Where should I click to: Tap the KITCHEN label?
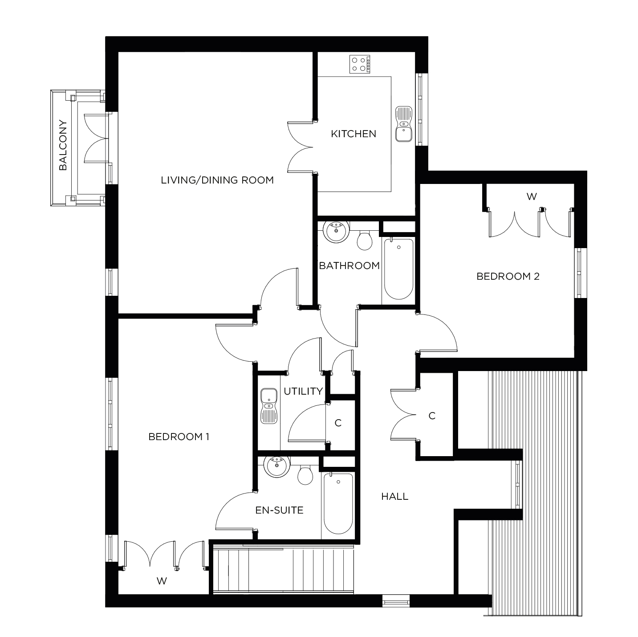(354, 134)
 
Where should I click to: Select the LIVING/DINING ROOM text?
(217, 180)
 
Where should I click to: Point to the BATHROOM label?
(349, 266)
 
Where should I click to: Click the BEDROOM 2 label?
(508, 276)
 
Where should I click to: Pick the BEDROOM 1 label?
(179, 437)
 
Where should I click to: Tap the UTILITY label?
(303, 391)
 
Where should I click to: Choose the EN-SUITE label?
(279, 510)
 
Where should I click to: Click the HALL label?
(395, 496)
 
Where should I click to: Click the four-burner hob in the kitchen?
(360, 64)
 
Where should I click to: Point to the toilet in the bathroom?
(365, 240)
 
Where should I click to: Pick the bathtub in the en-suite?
(338, 503)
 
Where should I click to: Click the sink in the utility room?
(269, 405)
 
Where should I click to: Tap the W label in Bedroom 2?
(532, 196)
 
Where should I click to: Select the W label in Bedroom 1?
(162, 581)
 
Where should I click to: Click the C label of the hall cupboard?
(432, 416)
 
